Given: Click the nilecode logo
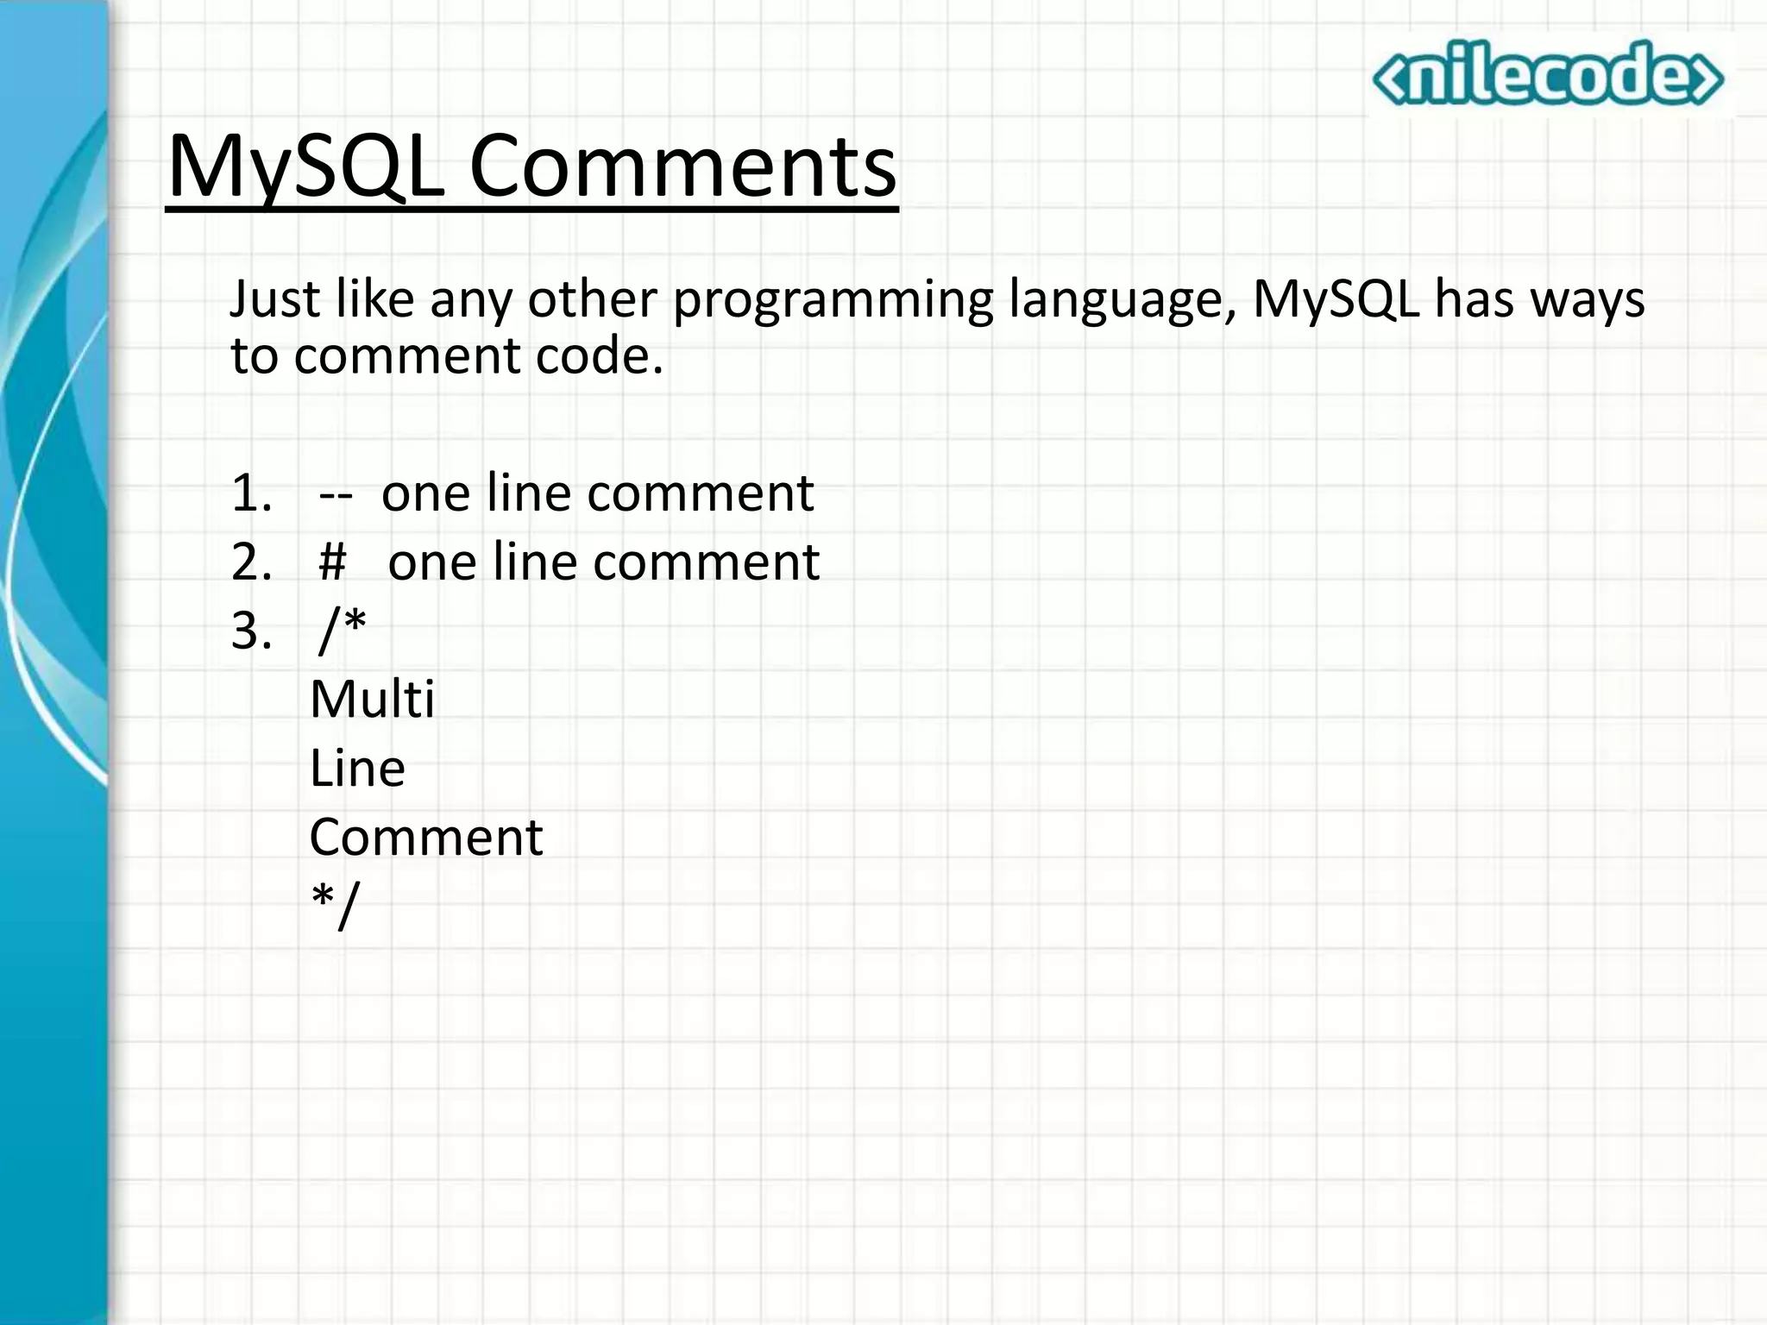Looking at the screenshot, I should (x=1548, y=74).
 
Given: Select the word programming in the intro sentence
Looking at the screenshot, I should (x=833, y=300).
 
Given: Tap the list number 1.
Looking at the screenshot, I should (x=250, y=493).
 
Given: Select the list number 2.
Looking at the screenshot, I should (x=251, y=562).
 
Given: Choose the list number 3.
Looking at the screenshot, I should (x=251, y=631).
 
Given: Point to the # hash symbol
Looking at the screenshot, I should (x=332, y=562).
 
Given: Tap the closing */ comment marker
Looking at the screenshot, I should (x=334, y=906).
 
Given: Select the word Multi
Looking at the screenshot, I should (x=372, y=699).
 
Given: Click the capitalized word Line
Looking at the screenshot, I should (x=357, y=768).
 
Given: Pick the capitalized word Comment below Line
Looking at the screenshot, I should (x=426, y=837).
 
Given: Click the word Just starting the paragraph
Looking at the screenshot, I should (x=274, y=300).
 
